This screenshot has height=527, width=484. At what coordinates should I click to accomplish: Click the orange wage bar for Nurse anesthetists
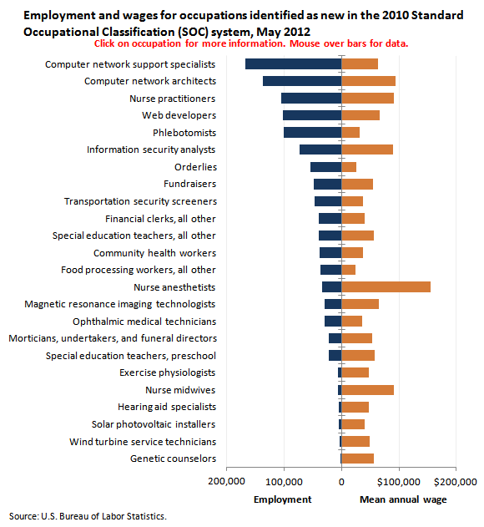(386, 287)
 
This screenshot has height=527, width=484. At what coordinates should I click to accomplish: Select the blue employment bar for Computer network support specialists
(294, 63)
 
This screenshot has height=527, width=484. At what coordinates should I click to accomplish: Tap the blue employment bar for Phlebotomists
(313, 133)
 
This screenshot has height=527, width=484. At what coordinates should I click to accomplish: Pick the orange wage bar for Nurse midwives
(368, 390)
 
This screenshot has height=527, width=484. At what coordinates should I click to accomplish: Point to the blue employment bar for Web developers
(312, 115)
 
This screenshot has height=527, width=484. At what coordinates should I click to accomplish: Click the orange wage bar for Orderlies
(349, 167)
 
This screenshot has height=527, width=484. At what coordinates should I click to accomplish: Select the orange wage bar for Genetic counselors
(358, 459)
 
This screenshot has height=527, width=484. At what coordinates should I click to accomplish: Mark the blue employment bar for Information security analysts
(320, 149)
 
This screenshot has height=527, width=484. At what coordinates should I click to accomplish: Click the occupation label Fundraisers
(190, 184)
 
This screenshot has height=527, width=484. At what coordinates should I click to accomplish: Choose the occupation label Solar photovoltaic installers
(154, 424)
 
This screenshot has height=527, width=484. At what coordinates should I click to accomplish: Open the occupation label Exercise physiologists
(167, 372)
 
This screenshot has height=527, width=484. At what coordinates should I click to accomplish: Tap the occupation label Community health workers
(155, 253)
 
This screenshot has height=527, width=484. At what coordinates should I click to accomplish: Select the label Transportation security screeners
(141, 201)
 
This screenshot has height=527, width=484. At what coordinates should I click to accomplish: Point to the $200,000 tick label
(456, 482)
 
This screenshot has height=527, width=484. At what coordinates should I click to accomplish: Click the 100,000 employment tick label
(284, 482)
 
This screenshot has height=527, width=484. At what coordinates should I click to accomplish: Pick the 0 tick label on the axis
(341, 482)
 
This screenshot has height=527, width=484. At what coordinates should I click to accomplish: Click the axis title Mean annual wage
(403, 499)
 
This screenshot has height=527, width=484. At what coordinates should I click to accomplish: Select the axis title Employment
(283, 499)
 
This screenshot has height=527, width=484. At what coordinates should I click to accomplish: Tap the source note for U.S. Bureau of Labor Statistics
(88, 516)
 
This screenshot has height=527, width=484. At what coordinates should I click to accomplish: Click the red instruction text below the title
(251, 43)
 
